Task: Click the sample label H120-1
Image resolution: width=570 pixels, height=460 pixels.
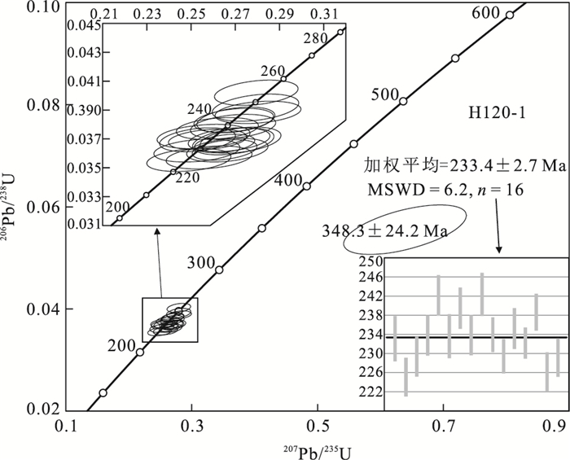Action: [x=496, y=113]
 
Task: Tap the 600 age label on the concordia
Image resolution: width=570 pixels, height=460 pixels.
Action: [x=485, y=13]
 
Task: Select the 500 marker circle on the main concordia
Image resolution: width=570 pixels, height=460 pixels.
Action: [x=403, y=101]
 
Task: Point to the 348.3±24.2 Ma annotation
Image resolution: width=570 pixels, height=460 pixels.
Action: [x=384, y=230]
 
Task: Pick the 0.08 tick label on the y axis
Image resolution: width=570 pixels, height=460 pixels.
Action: [x=43, y=105]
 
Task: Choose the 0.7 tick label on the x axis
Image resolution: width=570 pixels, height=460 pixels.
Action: [x=444, y=424]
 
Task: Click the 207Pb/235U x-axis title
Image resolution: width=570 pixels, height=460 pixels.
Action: [x=318, y=452]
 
